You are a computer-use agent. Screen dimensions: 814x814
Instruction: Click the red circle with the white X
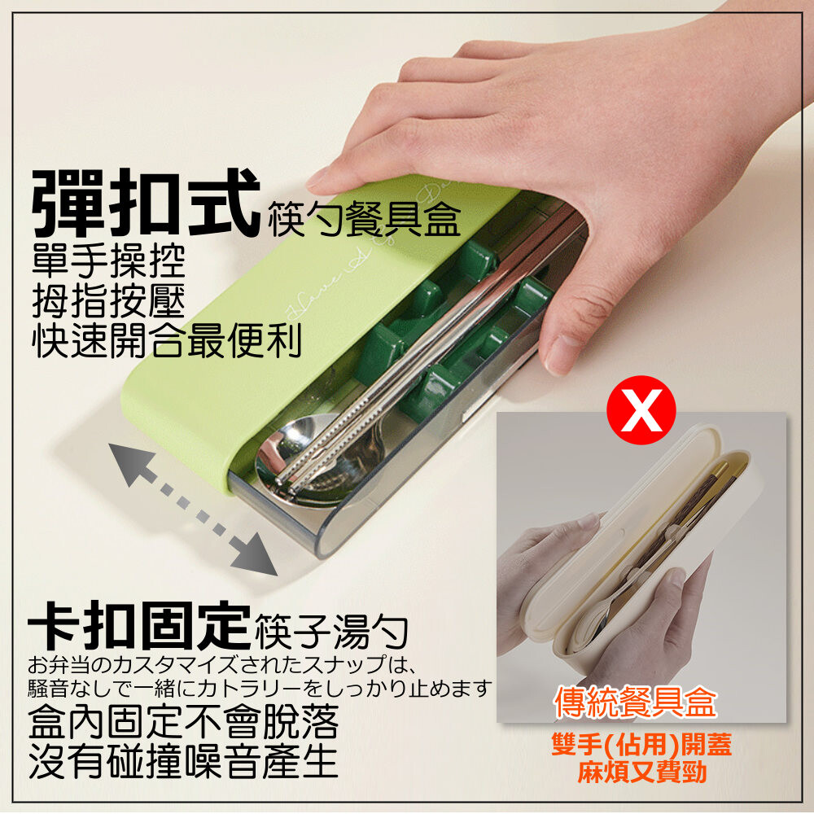(641, 409)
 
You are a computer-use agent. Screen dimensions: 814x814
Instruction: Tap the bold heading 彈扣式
(146, 203)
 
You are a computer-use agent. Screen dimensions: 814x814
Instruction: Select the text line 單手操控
(108, 260)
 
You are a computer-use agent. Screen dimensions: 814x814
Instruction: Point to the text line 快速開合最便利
(167, 340)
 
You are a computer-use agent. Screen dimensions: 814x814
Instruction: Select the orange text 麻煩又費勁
(642, 772)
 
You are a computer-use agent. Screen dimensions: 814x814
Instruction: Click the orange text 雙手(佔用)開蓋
(641, 745)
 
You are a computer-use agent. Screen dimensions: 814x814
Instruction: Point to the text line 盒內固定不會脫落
(183, 721)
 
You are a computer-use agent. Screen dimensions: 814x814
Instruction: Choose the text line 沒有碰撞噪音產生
(183, 762)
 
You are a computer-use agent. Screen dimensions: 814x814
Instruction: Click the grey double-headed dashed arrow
(193, 509)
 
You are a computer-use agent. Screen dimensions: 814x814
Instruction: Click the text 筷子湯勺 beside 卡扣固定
(332, 632)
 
